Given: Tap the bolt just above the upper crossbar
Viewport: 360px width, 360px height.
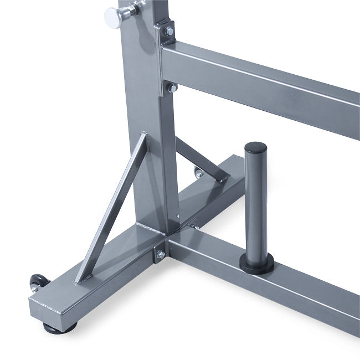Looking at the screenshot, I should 167,33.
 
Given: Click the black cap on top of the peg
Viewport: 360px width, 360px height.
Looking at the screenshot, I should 255,148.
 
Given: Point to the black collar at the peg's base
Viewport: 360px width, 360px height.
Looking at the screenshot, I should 255,264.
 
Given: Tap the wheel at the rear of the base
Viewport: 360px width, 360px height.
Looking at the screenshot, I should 198,174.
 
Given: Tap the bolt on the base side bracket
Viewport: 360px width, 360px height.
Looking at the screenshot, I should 161,254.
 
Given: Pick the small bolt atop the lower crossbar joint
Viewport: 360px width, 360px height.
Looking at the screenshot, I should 196,227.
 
